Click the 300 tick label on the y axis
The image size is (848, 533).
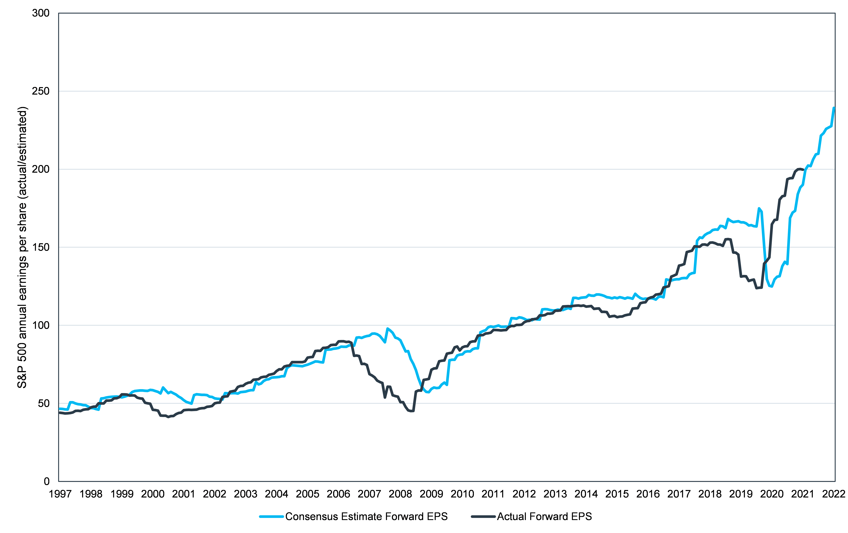[41, 13]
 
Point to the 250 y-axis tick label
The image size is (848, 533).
[41, 91]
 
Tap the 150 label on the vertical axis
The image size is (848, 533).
[41, 247]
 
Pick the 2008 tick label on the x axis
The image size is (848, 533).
[400, 494]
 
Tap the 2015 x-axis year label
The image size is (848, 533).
[617, 494]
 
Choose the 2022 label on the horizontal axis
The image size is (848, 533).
[834, 494]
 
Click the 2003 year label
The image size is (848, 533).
[245, 494]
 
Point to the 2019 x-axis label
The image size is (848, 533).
[741, 494]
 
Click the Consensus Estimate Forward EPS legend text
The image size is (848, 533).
[366, 517]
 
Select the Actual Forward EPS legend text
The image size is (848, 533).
[544, 517]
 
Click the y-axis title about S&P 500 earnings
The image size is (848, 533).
[22, 247]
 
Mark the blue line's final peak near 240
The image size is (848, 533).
[834, 108]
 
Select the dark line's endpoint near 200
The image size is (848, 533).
[803, 170]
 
